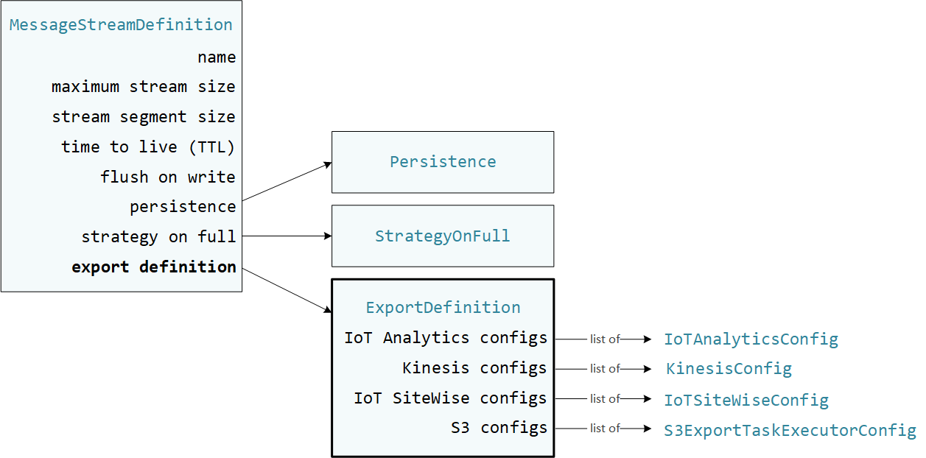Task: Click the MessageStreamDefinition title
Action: pos(121,24)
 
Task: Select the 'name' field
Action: pos(217,57)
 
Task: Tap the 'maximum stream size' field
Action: pos(144,87)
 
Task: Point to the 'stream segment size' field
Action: pos(144,117)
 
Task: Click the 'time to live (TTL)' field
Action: pos(148,147)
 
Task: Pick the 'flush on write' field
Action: pos(168,177)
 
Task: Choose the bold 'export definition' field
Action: pos(154,267)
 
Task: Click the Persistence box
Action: pos(443,162)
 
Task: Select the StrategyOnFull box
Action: pos(443,236)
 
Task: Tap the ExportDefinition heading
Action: pos(443,307)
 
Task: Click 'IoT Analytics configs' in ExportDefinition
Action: pos(446,338)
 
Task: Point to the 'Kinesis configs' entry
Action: pos(474,367)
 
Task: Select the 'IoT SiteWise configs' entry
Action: pos(450,398)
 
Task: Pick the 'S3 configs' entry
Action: pos(499,427)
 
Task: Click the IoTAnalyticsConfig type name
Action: pos(751,339)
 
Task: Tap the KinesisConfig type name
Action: pos(729,368)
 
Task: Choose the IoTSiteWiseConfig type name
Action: pos(746,401)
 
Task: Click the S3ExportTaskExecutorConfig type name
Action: pos(790,430)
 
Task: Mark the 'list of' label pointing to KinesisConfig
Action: pos(605,368)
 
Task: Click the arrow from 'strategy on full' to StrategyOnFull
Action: pos(287,236)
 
